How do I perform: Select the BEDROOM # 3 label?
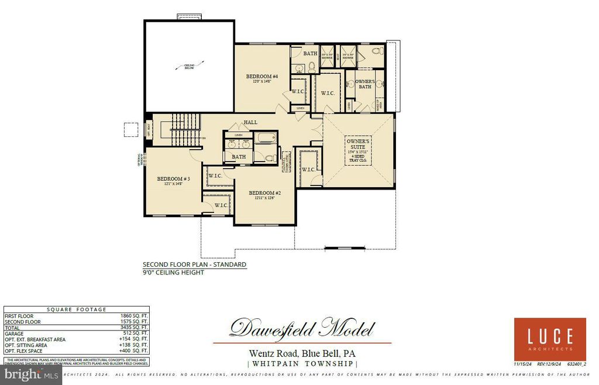coord(170,179)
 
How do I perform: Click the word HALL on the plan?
coord(251,122)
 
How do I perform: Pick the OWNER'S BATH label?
coord(365,84)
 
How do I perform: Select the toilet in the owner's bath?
coord(377,51)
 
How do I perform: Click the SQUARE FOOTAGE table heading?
coord(76,310)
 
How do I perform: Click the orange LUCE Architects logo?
coord(550,339)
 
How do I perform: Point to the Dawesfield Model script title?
coord(301,328)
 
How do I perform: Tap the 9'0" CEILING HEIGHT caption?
coord(174,273)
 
